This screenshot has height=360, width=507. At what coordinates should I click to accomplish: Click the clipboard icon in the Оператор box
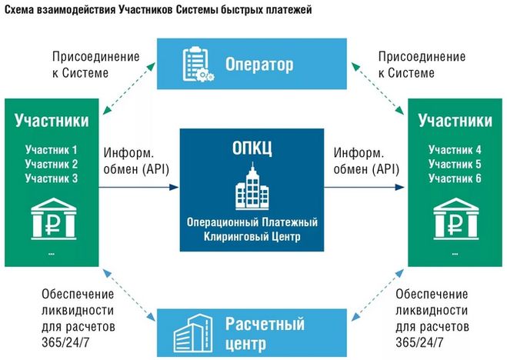click(x=198, y=65)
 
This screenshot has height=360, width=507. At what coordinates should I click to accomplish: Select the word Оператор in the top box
click(x=259, y=65)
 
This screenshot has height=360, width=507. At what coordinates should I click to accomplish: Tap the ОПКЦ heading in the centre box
click(x=252, y=148)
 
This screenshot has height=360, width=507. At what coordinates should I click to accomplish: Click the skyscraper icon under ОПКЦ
click(x=252, y=186)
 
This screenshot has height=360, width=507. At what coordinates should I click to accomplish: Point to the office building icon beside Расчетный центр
click(x=193, y=334)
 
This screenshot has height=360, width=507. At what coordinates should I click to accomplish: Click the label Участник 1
click(x=51, y=150)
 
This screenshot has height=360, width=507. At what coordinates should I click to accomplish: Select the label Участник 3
click(x=51, y=178)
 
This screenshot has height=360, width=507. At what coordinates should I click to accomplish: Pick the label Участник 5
click(x=455, y=164)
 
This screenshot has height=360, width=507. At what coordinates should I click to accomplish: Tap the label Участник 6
click(x=455, y=178)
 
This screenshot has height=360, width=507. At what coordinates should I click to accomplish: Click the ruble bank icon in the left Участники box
click(x=54, y=218)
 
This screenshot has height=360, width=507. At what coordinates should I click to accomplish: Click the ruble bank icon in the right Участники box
click(x=456, y=218)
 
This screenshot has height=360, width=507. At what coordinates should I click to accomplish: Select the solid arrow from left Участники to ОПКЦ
click(x=138, y=187)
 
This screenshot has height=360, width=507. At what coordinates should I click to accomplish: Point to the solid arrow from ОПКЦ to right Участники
click(x=364, y=187)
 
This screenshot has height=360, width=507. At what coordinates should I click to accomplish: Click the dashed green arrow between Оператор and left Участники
click(x=129, y=88)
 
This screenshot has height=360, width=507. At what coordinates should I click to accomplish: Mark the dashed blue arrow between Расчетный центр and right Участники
click(x=377, y=295)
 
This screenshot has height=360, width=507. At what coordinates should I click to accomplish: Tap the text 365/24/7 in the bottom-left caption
click(x=65, y=342)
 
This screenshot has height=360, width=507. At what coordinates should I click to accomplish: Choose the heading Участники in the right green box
click(x=455, y=120)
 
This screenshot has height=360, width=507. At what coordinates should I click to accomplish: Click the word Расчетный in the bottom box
click(x=265, y=324)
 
